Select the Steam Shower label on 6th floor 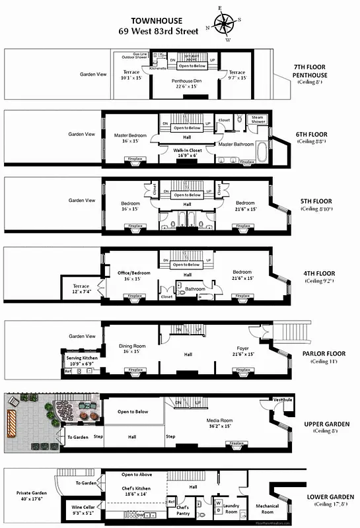(258, 119)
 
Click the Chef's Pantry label (183, 510)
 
